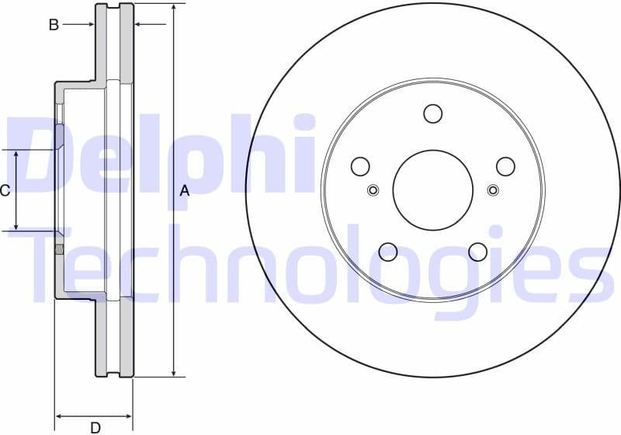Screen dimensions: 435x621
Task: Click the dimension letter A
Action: [x=184, y=190]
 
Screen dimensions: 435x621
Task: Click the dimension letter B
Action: [x=54, y=25]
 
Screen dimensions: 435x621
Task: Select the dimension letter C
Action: [x=5, y=190]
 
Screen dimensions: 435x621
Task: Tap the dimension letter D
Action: [x=95, y=426]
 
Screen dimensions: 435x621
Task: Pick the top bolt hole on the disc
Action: [x=432, y=113]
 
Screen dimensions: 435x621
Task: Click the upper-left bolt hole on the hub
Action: [x=359, y=166]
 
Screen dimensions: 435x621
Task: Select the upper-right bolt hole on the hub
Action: [x=505, y=166]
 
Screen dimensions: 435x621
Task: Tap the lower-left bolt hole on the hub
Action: [x=387, y=252]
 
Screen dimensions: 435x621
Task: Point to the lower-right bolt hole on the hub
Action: [x=477, y=252]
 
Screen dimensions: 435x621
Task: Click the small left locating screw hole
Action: [x=373, y=190]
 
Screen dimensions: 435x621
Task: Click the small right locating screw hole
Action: [x=493, y=190]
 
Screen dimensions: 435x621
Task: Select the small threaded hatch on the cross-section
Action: [x=59, y=249]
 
